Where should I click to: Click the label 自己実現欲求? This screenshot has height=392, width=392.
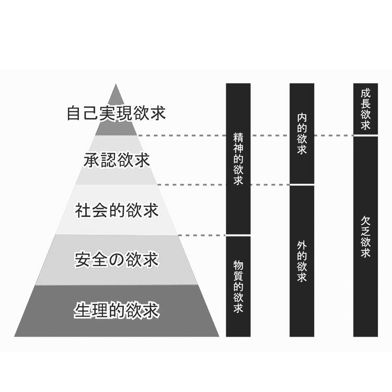click(x=116, y=113)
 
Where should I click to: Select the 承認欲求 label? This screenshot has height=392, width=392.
click(x=117, y=160)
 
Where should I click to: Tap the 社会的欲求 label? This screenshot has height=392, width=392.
click(x=117, y=211)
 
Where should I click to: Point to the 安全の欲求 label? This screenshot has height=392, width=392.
click(x=117, y=260)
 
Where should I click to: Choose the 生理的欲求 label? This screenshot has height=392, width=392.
click(x=117, y=310)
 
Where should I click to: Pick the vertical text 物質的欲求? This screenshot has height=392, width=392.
click(x=238, y=286)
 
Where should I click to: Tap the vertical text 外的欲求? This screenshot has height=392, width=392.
click(x=302, y=261)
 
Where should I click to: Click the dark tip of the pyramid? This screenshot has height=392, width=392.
click(x=116, y=94)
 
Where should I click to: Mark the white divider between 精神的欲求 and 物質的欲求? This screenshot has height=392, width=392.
click(x=238, y=236)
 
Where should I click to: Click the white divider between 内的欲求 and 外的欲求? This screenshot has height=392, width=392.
click(x=302, y=185)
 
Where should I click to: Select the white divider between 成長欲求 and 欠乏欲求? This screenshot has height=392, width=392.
click(x=365, y=135)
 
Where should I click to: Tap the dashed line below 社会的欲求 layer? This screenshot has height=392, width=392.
click(x=202, y=236)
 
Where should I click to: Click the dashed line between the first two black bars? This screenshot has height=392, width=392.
click(x=270, y=185)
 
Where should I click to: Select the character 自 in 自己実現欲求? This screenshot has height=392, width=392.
click(x=74, y=113)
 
